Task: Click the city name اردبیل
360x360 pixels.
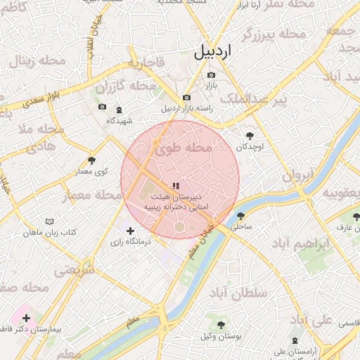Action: coord(212,52)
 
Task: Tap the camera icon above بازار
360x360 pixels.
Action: coord(211,75)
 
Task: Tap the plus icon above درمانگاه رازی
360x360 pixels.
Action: coord(130,231)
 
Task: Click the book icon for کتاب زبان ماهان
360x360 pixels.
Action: coord(49,221)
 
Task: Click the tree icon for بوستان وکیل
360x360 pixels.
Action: coord(221,325)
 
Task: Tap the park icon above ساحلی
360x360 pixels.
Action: coord(241,216)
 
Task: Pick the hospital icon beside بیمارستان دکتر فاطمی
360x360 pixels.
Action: coord(27,319)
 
